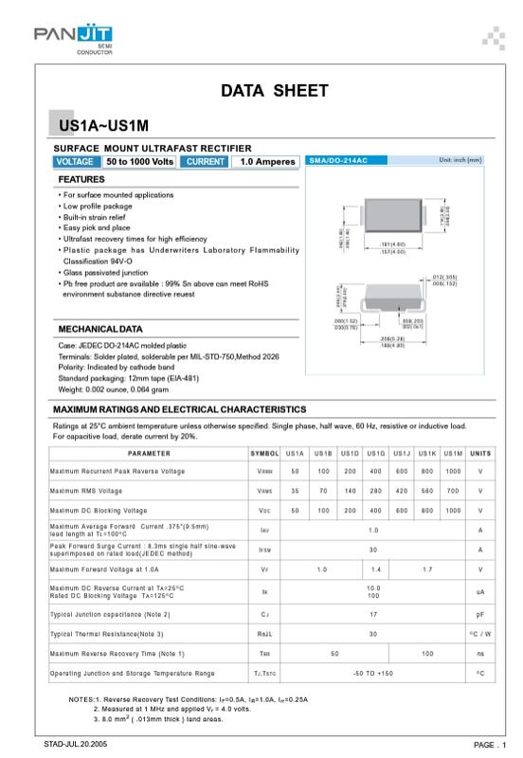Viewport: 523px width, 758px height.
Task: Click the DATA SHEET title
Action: (x=274, y=91)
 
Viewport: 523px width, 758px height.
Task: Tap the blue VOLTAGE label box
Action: (x=75, y=162)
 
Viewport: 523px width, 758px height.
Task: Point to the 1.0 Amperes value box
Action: (x=267, y=162)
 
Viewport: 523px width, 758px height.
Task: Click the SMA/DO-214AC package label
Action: (x=338, y=161)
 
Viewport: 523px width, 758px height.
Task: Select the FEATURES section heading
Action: (x=81, y=179)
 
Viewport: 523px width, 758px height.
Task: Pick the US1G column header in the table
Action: (x=375, y=454)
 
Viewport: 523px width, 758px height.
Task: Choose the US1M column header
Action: (x=454, y=454)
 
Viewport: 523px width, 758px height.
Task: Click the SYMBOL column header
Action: (x=264, y=454)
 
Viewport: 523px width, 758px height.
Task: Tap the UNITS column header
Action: (x=480, y=454)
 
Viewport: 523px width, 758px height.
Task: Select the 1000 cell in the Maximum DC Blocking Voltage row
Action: (x=454, y=510)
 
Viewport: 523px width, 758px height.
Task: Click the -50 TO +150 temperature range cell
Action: (x=373, y=673)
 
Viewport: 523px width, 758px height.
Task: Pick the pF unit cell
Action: (x=480, y=613)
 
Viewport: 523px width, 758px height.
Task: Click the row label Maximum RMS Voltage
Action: (x=86, y=491)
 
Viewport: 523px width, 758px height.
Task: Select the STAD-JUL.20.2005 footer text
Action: (x=76, y=744)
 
